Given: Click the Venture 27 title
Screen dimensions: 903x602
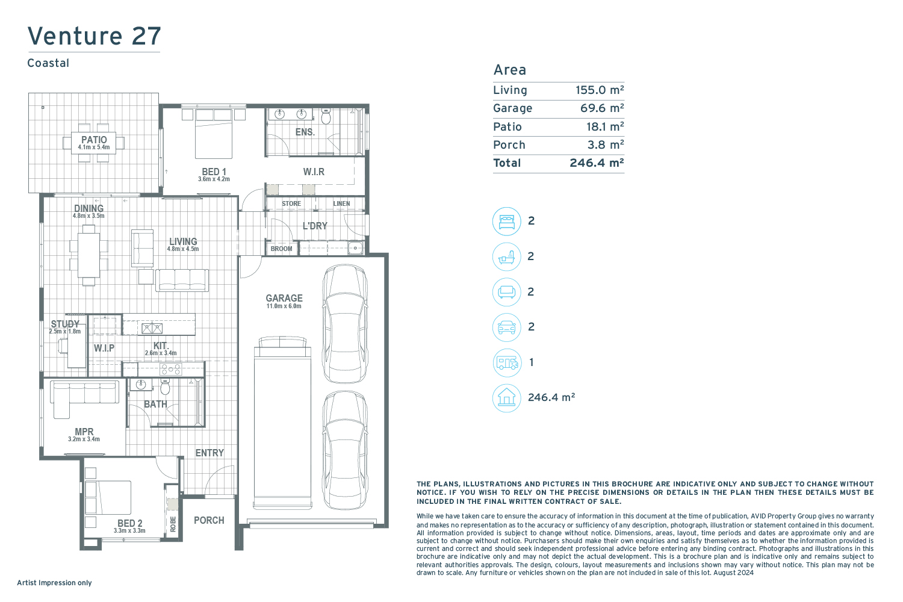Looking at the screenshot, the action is point(95,36).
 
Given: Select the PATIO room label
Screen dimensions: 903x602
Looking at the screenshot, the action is point(94,140).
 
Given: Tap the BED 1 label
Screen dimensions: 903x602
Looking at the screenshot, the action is point(214,172).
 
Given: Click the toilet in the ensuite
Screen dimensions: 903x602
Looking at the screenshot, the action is point(326,116).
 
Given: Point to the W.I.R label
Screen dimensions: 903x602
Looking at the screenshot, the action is point(314,172).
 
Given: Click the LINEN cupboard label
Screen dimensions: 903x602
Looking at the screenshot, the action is point(341,203).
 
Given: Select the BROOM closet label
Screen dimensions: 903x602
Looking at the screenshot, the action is point(281,249).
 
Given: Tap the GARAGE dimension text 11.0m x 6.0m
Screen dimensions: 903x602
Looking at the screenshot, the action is point(284,306).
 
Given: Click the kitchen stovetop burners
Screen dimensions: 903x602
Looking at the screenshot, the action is point(171,369).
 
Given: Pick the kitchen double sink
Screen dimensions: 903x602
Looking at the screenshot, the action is point(152,329).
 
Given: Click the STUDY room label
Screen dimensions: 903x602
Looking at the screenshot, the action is point(65,324).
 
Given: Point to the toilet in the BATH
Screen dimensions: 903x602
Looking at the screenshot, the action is point(165,387).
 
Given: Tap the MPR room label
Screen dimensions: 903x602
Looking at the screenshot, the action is point(84,432).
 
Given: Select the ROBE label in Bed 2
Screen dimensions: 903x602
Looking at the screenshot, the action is point(173,524).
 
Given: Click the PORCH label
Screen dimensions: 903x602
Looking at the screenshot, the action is point(209,520).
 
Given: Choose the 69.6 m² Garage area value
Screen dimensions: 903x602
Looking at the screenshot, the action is point(602,108).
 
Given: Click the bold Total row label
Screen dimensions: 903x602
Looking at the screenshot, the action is point(507,163).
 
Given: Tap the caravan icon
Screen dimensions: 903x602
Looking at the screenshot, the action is point(507,362).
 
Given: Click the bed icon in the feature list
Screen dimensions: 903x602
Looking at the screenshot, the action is point(507,221).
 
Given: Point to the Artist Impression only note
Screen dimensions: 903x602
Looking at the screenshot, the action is point(54,583).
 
